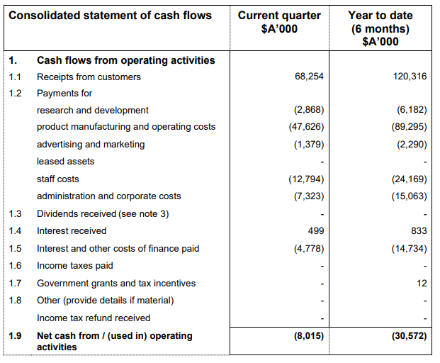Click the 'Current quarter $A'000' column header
pos(279,22)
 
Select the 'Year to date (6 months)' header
pos(380,28)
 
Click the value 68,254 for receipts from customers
pos(309,77)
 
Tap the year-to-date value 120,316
pos(410,77)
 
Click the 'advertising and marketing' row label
pos(91,145)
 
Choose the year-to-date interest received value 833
pos(417,231)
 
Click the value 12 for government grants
pos(422,283)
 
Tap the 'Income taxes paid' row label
pos(75,266)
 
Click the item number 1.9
pos(16,335)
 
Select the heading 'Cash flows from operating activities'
pos(126,60)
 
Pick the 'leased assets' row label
pos(65,162)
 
